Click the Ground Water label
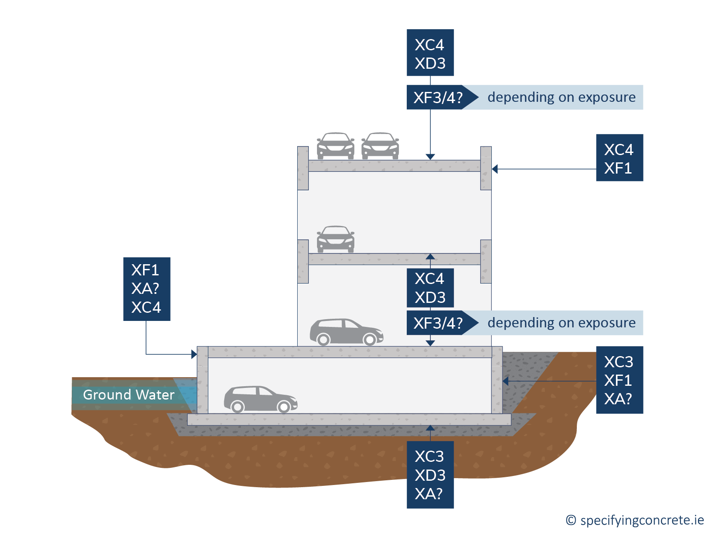coord(128,394)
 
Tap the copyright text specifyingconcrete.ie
coord(635,520)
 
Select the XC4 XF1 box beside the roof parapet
coord(619,158)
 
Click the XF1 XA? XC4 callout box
coord(146,289)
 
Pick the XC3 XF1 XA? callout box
coord(619,380)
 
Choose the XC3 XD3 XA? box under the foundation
coord(430,475)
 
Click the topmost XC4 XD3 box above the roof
coord(430,53)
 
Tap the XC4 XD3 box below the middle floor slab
coord(430,288)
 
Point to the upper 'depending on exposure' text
coord(561,98)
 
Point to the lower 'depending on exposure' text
coord(561,323)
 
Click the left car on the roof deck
coord(335,146)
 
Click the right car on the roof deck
coord(380,146)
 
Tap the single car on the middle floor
coord(335,239)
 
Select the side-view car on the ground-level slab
coord(346,332)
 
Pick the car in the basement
coord(260,399)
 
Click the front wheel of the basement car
coord(283,406)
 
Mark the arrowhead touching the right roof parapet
coord(495,169)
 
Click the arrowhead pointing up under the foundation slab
coord(430,428)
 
